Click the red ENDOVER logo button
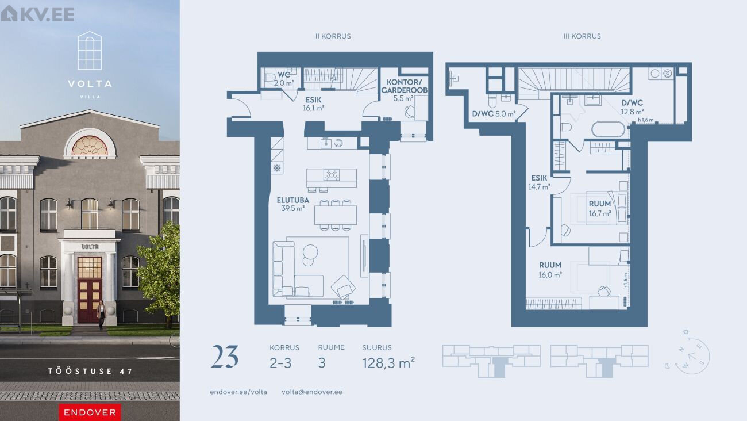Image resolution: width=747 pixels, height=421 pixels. tap(90, 412)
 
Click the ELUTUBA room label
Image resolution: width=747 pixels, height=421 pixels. tap(293, 200)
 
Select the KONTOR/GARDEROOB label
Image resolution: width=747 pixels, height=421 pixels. tap(404, 86)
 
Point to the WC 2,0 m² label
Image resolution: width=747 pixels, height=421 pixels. tap(284, 79)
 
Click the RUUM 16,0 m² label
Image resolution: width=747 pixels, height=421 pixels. tap(550, 270)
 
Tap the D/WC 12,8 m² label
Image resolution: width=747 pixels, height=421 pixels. tap(632, 107)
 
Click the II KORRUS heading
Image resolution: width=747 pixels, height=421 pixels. tap(333, 36)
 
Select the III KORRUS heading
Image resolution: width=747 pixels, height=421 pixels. tap(582, 36)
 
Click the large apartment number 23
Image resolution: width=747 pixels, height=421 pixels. tap(225, 357)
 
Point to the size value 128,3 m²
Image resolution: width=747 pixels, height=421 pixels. tap(388, 363)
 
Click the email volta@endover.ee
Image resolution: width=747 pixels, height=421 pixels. tap(312, 392)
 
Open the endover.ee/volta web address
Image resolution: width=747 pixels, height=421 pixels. tap(238, 392)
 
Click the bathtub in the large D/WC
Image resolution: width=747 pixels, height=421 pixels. tap(609, 129)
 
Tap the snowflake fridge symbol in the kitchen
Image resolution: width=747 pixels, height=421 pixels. tap(277, 167)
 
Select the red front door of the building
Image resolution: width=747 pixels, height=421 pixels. tap(90, 289)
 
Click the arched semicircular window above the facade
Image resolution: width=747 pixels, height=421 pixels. tap(90, 146)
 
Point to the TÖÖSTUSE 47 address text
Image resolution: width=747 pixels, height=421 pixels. tap(90, 372)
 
